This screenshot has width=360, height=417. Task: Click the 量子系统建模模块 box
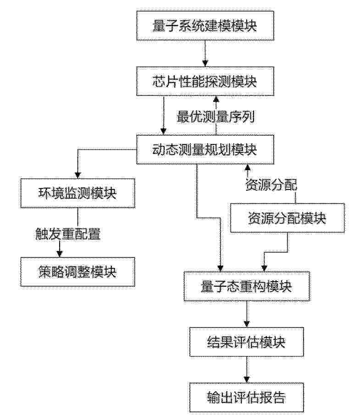coord(205,26)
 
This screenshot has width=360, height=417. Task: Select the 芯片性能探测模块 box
coord(205,81)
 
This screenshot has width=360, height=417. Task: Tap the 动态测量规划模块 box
coord(205,150)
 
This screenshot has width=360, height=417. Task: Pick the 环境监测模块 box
coord(78,193)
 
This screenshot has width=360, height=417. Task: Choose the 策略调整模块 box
coord(78,272)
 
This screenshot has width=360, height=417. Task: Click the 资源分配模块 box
coord(287,218)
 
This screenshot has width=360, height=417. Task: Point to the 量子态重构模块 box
coord(246,286)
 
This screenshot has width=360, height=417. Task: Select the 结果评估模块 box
coord(246,342)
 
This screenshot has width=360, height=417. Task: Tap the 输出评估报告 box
coord(246,398)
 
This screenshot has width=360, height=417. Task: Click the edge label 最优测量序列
coord(216,117)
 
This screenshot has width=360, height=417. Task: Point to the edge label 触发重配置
coord(68,234)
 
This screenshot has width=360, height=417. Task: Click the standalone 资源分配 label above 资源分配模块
coord(271,184)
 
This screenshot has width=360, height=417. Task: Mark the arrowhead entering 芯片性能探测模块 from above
coord(205,63)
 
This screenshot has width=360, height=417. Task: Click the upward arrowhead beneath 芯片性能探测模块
coord(216,99)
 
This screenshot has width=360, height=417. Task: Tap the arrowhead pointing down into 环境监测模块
coord(78,175)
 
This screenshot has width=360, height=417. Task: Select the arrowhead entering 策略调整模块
coord(60,254)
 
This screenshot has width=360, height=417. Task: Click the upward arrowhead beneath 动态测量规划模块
coord(248,167)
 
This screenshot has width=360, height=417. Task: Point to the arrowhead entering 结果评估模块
coord(247,324)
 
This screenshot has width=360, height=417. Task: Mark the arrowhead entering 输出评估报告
coord(247,379)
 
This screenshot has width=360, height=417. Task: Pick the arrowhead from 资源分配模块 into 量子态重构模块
coord(264,268)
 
